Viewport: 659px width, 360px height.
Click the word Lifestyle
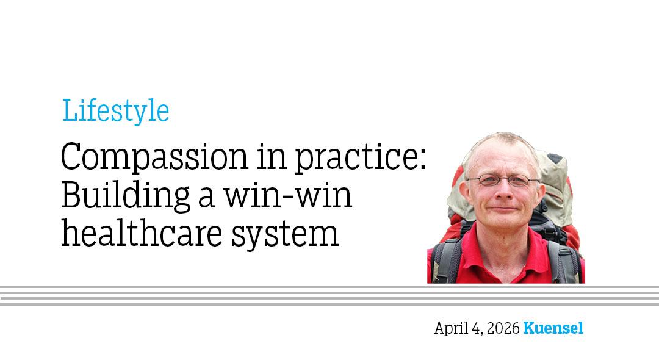[x=115, y=112]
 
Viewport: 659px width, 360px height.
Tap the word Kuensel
[x=553, y=328]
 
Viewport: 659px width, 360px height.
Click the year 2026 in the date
[x=503, y=328]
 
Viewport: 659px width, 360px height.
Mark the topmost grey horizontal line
[x=329, y=286]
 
